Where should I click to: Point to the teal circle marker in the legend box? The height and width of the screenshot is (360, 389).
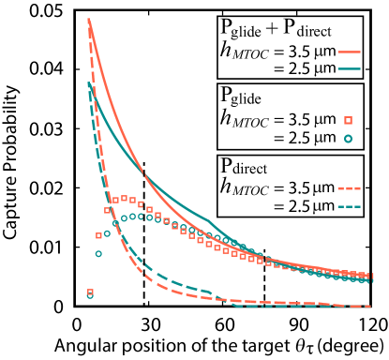tap(347, 139)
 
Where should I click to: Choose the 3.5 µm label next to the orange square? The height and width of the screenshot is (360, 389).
tap(306, 119)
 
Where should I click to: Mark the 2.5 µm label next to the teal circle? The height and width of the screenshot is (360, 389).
tap(306, 138)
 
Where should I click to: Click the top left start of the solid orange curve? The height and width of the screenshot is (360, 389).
tap(88, 20)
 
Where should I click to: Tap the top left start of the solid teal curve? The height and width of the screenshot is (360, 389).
tap(88, 84)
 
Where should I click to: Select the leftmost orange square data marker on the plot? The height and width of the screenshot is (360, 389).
tap(90, 292)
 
